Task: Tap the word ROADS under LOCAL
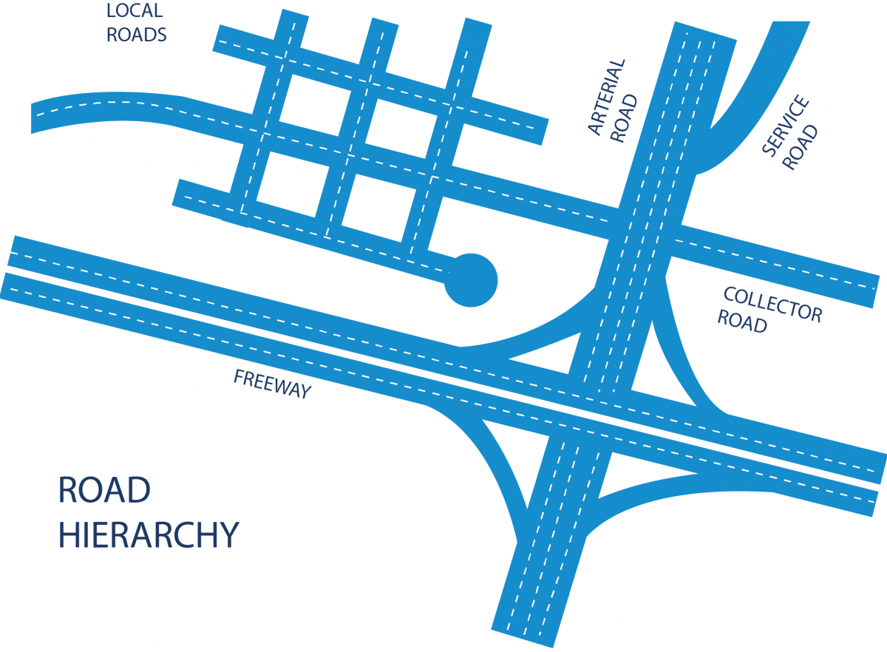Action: click(x=137, y=34)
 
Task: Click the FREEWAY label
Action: click(x=272, y=384)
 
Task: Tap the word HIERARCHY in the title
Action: click(x=149, y=535)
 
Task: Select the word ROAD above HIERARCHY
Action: click(x=105, y=490)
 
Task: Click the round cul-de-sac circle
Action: click(x=471, y=280)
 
